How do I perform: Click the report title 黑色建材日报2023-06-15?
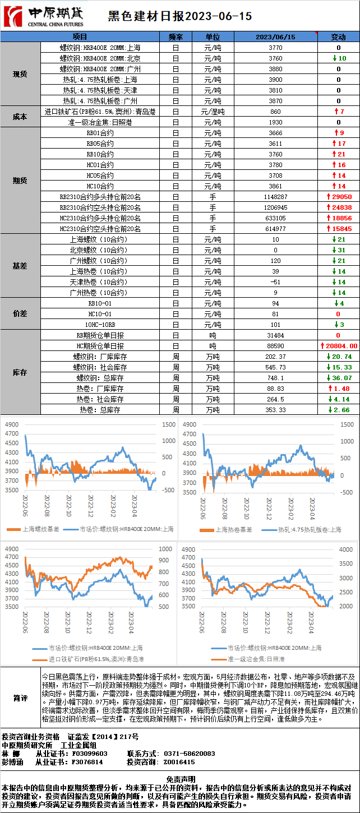pyautogui.click(x=179, y=17)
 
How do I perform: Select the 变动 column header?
pyautogui.click(x=338, y=37)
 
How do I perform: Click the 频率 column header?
pyautogui.click(x=176, y=37)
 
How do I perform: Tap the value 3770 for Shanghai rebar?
pyautogui.click(x=275, y=48)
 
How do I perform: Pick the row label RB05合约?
pyautogui.click(x=100, y=144)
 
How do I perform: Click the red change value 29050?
pyautogui.click(x=341, y=197)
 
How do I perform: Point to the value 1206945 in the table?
pyautogui.click(x=275, y=207)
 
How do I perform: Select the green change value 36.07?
pyautogui.click(x=341, y=378)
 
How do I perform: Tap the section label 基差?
pyautogui.click(x=20, y=266)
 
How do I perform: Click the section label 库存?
pyautogui.click(x=20, y=372)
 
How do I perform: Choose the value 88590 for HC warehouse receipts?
pyautogui.click(x=275, y=346)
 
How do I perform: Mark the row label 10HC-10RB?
pyautogui.click(x=100, y=325)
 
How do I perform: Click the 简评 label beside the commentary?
pyautogui.click(x=20, y=698)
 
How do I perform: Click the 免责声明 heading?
pyautogui.click(x=180, y=779)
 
